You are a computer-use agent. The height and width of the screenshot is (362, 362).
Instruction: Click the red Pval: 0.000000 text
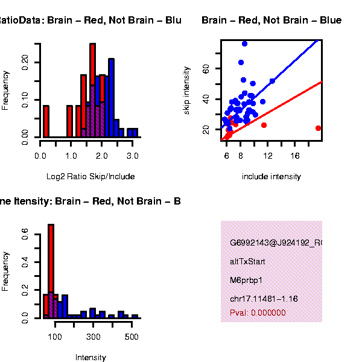click(258, 313)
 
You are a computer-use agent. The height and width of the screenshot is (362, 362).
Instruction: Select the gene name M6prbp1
click(244, 281)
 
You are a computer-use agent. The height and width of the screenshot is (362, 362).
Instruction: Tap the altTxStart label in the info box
click(247, 262)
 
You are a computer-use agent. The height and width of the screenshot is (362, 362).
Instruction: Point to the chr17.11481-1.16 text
click(264, 299)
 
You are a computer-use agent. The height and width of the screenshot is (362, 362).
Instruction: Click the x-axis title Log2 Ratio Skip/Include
click(91, 177)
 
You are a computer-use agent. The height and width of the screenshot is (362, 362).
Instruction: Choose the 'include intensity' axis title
click(271, 177)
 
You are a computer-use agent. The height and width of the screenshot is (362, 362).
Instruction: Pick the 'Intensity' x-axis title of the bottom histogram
click(91, 358)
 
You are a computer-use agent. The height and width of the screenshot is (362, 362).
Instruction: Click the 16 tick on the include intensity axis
click(295, 156)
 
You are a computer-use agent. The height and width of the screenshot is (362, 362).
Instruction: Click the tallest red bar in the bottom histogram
click(51, 270)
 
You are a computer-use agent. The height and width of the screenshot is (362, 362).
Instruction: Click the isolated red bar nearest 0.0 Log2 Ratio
click(46, 121)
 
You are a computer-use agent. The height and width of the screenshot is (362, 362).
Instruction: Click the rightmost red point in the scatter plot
click(318, 128)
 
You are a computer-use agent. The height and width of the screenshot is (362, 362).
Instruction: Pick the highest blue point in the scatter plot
click(244, 43)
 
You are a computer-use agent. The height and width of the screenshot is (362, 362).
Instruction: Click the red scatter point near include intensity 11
click(264, 125)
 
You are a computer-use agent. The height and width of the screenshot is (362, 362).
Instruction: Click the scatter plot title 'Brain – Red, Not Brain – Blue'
click(271, 21)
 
